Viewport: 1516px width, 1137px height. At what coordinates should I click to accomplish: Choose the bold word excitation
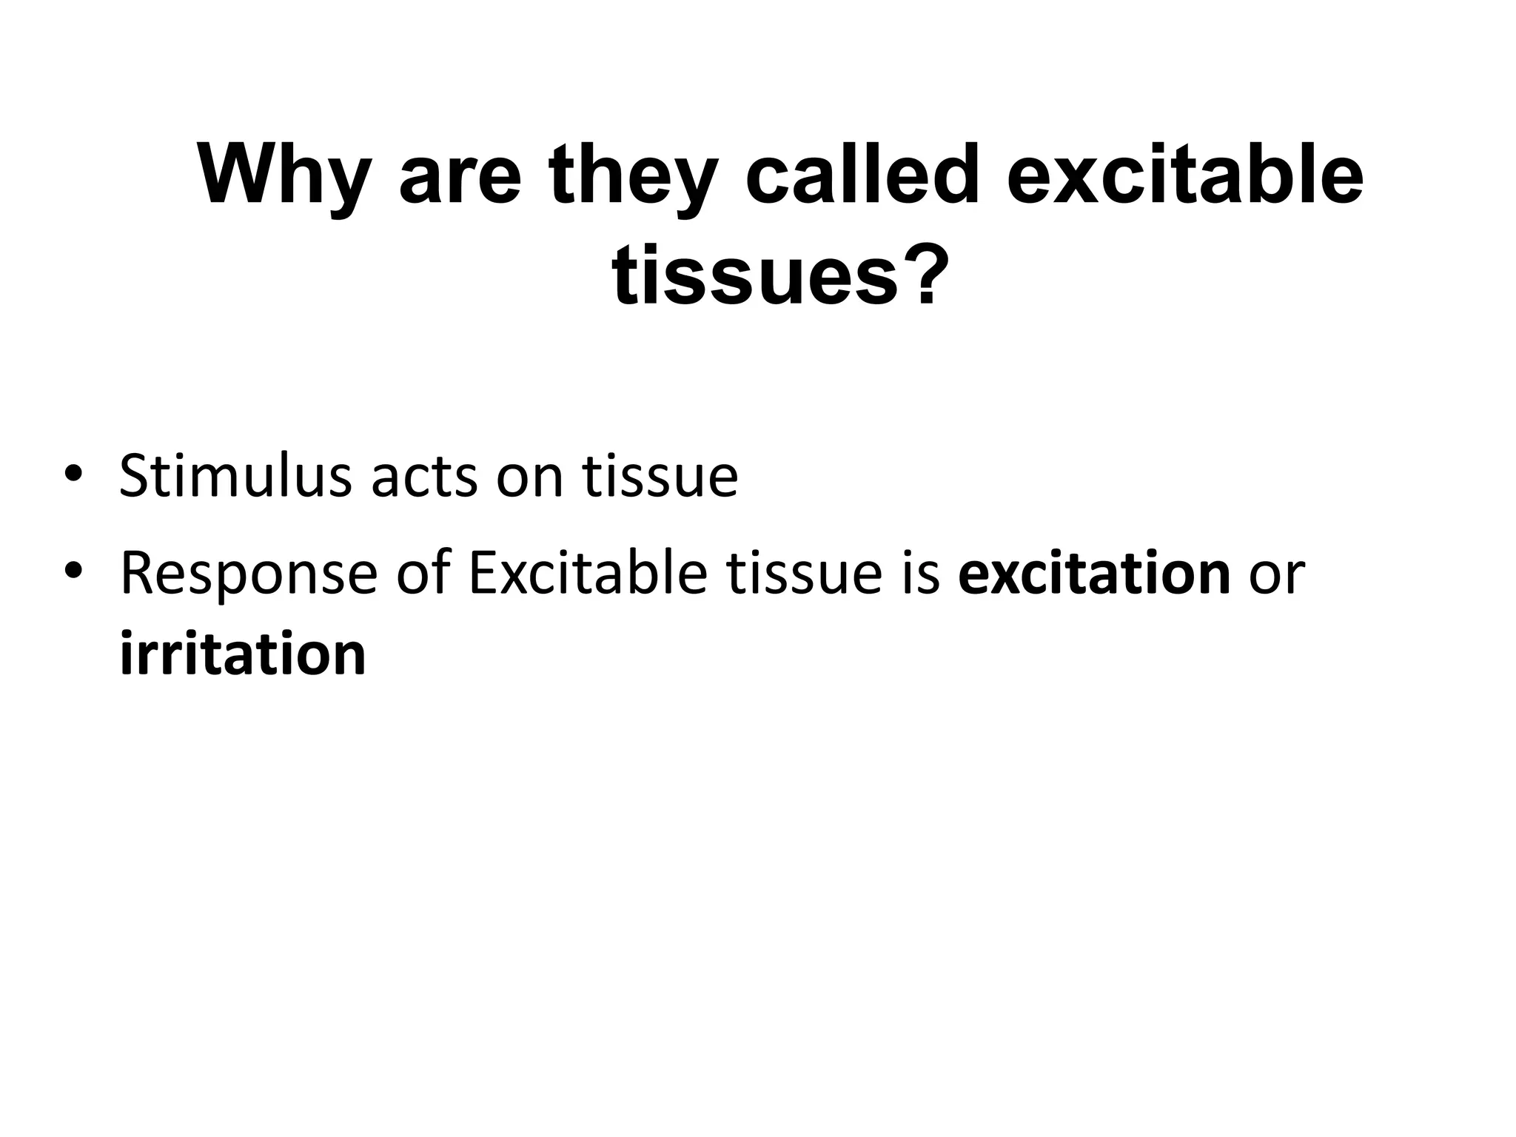click(x=1094, y=573)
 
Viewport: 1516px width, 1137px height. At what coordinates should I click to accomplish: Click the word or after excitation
click(x=1276, y=577)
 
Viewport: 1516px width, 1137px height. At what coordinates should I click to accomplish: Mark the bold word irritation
click(x=243, y=654)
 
